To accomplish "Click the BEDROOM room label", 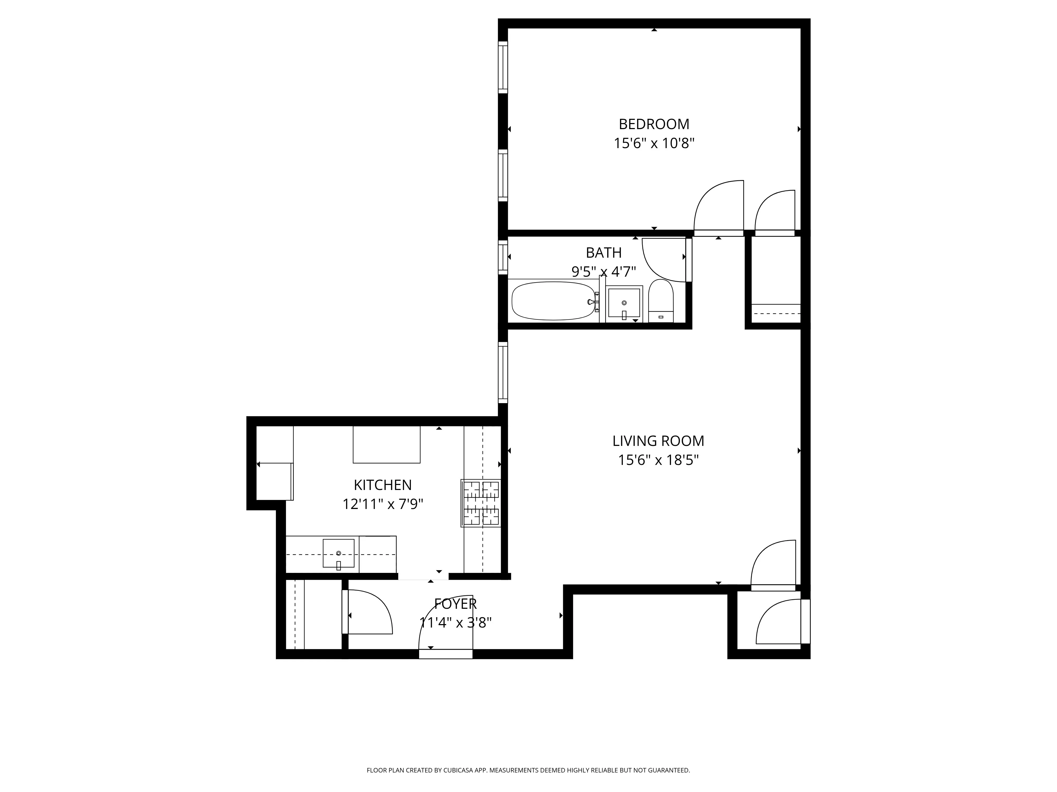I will (654, 124).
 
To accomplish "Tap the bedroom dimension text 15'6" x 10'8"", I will (654, 143).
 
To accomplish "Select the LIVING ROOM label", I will (658, 441).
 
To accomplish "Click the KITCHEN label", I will (382, 485).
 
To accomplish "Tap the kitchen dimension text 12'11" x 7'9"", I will (382, 504).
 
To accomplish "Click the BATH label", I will (604, 253).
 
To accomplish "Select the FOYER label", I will (455, 604).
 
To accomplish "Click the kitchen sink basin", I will (338, 553).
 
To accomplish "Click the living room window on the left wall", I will (502, 372).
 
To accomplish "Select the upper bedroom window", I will (502, 67).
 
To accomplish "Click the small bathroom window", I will (502, 258).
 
